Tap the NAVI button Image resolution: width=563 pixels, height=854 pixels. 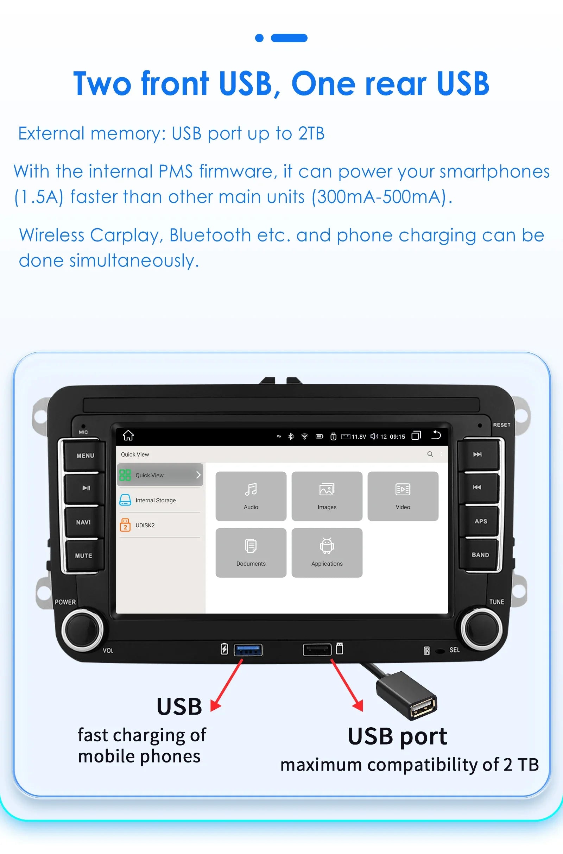click(x=84, y=522)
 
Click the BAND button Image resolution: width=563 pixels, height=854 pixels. click(x=480, y=555)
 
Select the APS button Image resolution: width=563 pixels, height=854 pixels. click(x=480, y=521)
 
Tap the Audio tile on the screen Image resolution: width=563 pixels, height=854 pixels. click(x=251, y=496)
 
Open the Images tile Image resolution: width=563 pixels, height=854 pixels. click(x=327, y=496)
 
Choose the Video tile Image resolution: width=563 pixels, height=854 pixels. click(x=403, y=496)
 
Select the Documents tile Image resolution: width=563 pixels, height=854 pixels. click(x=251, y=553)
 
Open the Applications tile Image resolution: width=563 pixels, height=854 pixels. click(x=327, y=553)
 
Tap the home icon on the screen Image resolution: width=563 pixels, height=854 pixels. click(x=128, y=435)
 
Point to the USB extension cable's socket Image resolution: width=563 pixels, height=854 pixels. click(x=424, y=707)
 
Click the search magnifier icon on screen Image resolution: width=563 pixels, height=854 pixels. click(x=430, y=454)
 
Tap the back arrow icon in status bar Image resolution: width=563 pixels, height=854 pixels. click(x=436, y=435)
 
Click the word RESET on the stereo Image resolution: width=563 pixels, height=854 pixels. click(x=501, y=425)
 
